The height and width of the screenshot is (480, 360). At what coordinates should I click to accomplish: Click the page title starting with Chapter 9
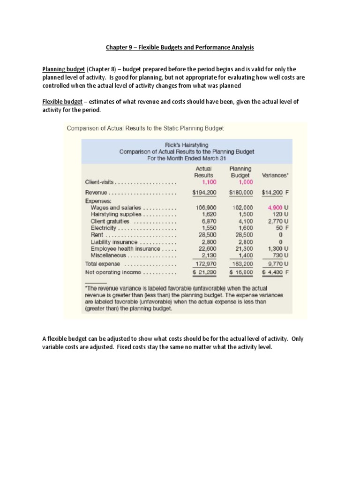pos(180,47)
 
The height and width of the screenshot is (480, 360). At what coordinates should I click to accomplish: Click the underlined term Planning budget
pos(63,69)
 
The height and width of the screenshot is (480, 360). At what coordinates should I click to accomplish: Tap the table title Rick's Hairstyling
pos(187,145)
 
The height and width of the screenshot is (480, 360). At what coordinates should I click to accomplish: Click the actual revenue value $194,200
pos(204,193)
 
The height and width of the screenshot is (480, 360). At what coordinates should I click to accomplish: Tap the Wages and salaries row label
pos(115,207)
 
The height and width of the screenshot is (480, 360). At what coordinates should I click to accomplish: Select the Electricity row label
pos(104,228)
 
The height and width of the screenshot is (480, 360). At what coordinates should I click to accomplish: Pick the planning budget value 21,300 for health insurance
pos(243,249)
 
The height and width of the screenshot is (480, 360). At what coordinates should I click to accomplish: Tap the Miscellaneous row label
pos(108,256)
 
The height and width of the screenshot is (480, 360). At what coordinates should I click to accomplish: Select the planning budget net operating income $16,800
pos(241,272)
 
